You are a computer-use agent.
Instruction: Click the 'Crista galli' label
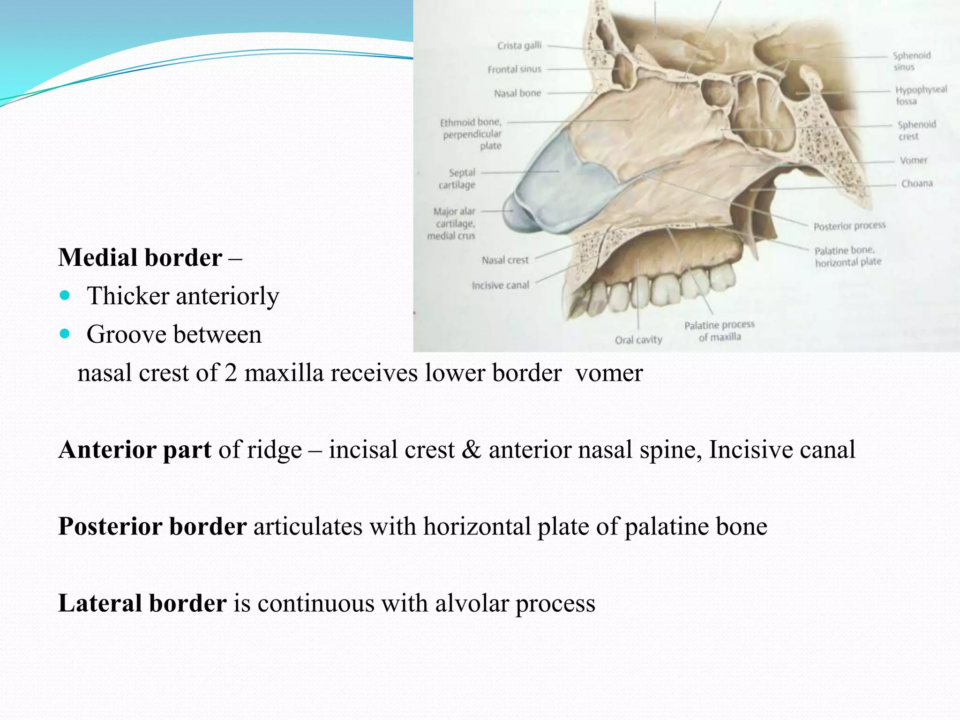pos(519,45)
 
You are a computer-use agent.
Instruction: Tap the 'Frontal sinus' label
pos(514,69)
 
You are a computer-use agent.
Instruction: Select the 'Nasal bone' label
pos(517,93)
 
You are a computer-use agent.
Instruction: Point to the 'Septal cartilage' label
pos(457,179)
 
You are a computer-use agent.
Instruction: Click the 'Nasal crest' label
pos(505,260)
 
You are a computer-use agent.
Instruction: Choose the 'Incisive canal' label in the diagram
pos(500,285)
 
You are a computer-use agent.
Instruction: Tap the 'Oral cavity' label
pos(638,339)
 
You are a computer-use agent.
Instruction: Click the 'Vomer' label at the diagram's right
pos(913,160)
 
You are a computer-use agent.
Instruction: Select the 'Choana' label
pos(916,183)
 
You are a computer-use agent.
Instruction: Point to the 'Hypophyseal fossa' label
pos(920,95)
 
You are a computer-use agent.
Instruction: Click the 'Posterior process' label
pos(849,226)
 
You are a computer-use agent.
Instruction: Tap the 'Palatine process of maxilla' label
pos(719,330)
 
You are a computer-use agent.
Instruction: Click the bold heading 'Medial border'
pos(140,258)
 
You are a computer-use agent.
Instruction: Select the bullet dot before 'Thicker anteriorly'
pos(65,296)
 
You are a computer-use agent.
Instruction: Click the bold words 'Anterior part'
pos(135,450)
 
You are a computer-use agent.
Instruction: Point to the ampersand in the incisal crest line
pos(471,450)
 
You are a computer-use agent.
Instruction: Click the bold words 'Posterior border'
pos(152,526)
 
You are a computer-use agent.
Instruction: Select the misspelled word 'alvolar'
pos(472,603)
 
